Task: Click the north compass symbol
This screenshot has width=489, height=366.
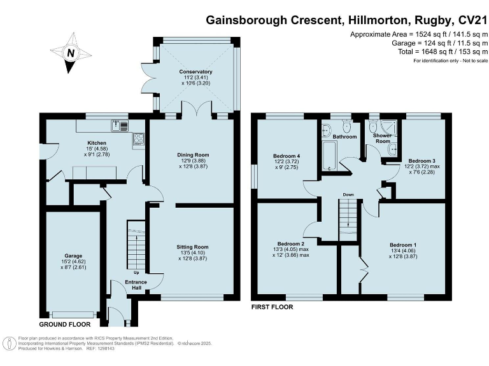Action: pyautogui.click(x=71, y=55)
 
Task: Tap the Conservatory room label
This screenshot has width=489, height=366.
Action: pyautogui.click(x=196, y=72)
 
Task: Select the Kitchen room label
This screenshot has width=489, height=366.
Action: pyautogui.click(x=88, y=143)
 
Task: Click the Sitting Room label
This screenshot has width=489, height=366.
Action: pyautogui.click(x=192, y=247)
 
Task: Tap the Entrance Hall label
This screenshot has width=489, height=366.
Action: pyautogui.click(x=136, y=284)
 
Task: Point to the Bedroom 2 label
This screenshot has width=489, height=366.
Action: pyautogui.click(x=290, y=243)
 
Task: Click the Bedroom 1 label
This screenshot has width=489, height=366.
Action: pyautogui.click(x=403, y=244)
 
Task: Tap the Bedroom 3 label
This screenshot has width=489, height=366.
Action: pyautogui.click(x=421, y=161)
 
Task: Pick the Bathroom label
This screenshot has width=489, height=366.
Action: pyautogui.click(x=344, y=137)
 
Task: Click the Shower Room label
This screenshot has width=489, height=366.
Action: pyautogui.click(x=381, y=139)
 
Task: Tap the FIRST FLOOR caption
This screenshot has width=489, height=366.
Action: pyautogui.click(x=272, y=307)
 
